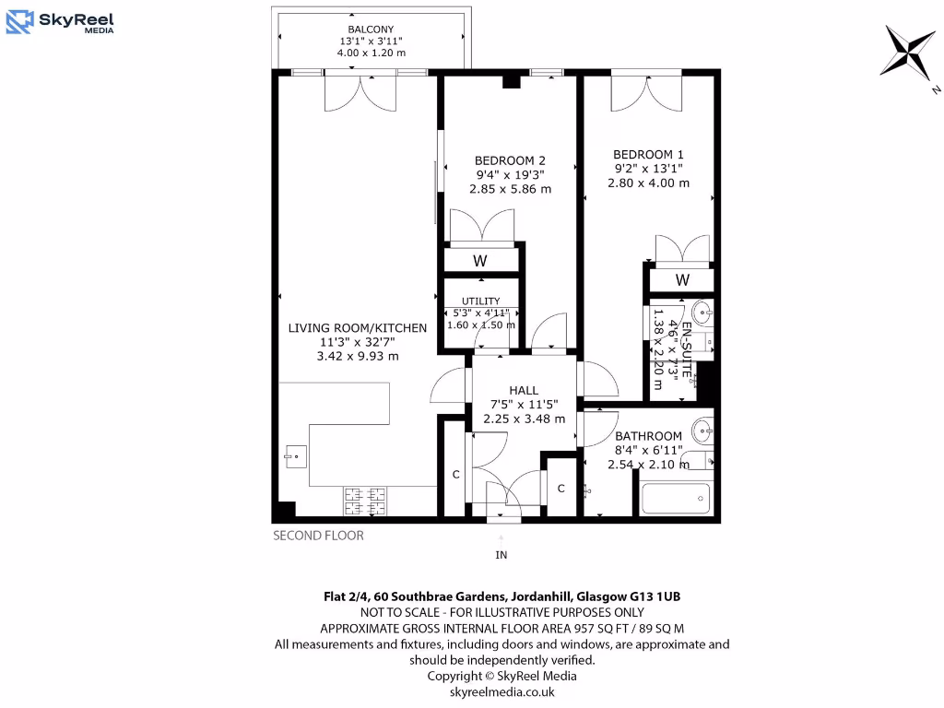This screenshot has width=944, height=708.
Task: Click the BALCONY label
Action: coord(371,29)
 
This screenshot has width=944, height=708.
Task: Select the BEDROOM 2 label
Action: coord(510,159)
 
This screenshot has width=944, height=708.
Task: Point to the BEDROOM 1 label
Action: coord(648,154)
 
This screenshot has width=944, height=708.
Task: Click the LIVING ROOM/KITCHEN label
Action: coord(357,327)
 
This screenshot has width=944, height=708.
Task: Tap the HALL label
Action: coord(524,390)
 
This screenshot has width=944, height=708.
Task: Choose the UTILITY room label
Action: coord(480,301)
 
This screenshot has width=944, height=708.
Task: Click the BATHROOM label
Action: coord(648,436)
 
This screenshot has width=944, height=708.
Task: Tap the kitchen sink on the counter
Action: coord(295,454)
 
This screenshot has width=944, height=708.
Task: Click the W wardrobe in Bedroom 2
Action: coord(479,261)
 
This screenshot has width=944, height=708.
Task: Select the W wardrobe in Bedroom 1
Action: coord(682,279)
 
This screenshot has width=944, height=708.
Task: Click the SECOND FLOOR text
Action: coord(318,536)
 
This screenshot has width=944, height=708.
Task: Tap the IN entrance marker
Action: coord(501,555)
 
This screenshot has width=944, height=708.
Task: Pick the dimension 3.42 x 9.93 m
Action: coord(357,357)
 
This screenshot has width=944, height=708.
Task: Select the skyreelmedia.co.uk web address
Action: coord(501,691)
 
